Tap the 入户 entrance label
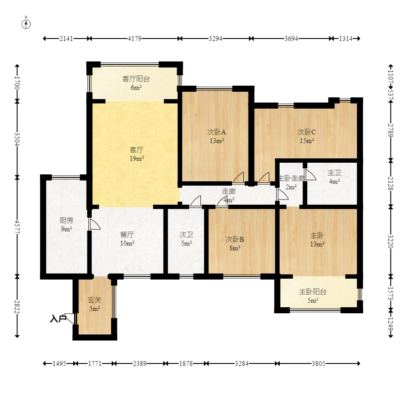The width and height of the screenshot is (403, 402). click(58, 319)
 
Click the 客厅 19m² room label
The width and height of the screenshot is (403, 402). click(137, 154)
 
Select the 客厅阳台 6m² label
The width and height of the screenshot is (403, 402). click(136, 83)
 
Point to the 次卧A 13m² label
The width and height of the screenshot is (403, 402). click(217, 136)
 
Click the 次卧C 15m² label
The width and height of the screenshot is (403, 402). click(306, 136)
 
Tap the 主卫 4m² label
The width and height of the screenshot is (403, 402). click(334, 177)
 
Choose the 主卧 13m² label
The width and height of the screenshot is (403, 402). click(317, 240)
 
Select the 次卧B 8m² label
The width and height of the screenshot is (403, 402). click(235, 243)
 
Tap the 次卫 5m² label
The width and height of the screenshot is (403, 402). click(186, 239)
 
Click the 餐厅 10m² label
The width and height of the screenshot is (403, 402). click(127, 239)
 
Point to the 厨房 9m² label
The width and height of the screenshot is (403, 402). click(66, 224)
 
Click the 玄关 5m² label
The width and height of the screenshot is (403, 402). click(95, 304)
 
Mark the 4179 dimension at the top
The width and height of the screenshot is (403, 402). click(135, 39)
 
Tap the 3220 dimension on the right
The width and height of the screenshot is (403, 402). click(390, 240)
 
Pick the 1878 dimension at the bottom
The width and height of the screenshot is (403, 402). click(185, 364)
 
